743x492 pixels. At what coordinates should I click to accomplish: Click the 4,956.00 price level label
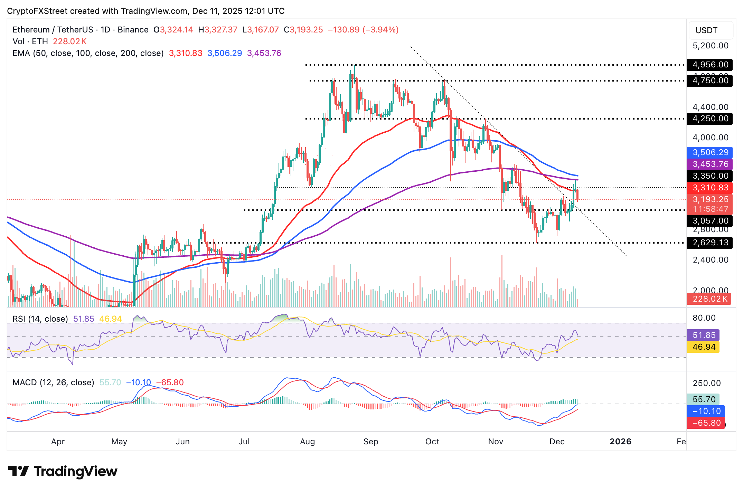click(x=710, y=65)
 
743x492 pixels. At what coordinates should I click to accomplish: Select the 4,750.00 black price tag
click(x=710, y=81)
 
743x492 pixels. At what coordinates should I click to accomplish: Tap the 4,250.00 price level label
click(x=710, y=119)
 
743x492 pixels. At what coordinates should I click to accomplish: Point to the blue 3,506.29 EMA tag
click(x=710, y=152)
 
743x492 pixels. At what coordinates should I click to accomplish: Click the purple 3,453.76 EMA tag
click(x=710, y=164)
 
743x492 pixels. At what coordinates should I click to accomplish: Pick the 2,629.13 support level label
click(x=710, y=243)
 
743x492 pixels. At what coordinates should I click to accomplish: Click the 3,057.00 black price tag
click(x=710, y=221)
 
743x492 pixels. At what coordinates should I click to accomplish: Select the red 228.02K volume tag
click(x=709, y=299)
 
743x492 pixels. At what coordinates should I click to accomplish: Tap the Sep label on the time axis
click(x=371, y=442)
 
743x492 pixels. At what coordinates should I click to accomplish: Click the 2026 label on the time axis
click(x=620, y=442)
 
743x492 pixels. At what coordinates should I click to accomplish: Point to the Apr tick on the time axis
click(x=58, y=442)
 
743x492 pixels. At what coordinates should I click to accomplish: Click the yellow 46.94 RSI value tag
click(x=703, y=347)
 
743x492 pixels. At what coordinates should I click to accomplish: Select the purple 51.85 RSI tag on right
click(x=703, y=335)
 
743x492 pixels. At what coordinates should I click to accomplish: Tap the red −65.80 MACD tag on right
click(x=706, y=423)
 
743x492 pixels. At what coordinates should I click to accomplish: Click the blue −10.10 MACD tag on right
click(x=706, y=411)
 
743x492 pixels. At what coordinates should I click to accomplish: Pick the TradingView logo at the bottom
click(x=63, y=471)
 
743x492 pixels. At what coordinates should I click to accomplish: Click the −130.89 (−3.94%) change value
click(x=363, y=30)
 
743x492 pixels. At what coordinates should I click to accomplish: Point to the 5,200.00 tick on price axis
click(x=710, y=46)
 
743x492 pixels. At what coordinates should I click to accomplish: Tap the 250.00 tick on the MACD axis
click(x=707, y=383)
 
